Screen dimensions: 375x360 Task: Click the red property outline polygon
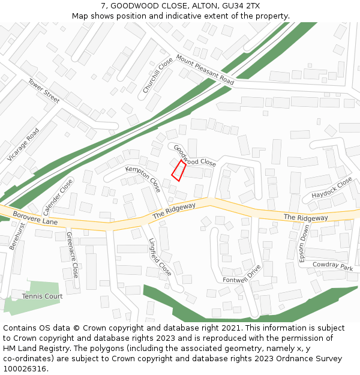pyautogui.click(x=178, y=170)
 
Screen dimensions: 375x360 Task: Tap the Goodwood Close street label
pyautogui.click(x=194, y=155)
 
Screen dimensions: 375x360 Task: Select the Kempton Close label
pyautogui.click(x=143, y=179)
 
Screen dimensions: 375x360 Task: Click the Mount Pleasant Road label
pyautogui.click(x=205, y=69)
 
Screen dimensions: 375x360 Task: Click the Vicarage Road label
pyautogui.click(x=23, y=144)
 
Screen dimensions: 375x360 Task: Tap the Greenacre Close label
pyautogui.click(x=72, y=254)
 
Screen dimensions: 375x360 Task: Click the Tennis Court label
pyautogui.click(x=42, y=296)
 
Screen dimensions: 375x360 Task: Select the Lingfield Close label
pyautogui.click(x=160, y=257)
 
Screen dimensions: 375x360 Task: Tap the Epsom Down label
pyautogui.click(x=304, y=244)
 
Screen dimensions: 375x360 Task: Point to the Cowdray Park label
pyautogui.click(x=333, y=265)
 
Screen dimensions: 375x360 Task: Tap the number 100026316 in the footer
pyautogui.click(x=25, y=368)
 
